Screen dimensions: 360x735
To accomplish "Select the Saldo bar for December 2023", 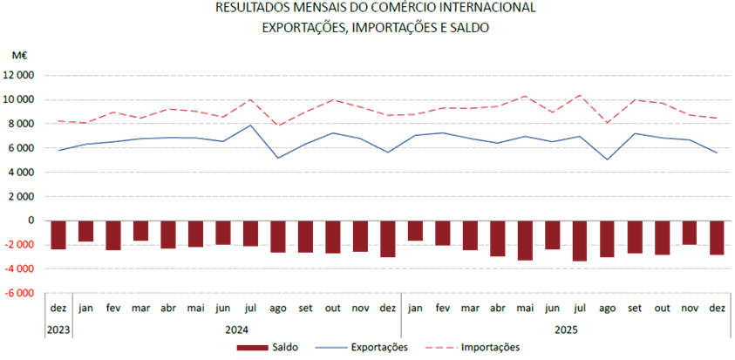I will tap(58, 235).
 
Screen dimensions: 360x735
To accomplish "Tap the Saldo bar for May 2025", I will tap(525, 241).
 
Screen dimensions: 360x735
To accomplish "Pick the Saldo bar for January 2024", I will tap(85, 231).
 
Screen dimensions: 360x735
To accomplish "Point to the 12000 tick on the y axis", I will tap(18, 75).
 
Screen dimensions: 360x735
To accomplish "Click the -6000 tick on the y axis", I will tap(18, 293).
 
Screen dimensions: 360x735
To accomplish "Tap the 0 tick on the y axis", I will tap(31, 221).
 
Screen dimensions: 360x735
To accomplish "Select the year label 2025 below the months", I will tap(565, 330).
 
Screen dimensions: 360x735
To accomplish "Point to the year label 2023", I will tap(58, 330).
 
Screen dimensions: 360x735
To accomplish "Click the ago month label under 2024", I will tap(278, 308).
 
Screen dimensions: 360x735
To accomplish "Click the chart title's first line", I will tap(375, 8).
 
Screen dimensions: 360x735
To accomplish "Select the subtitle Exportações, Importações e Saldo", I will tap(375, 27).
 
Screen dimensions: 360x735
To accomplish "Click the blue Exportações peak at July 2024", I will tap(250, 125).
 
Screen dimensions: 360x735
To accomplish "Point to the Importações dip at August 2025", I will tap(608, 122).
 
